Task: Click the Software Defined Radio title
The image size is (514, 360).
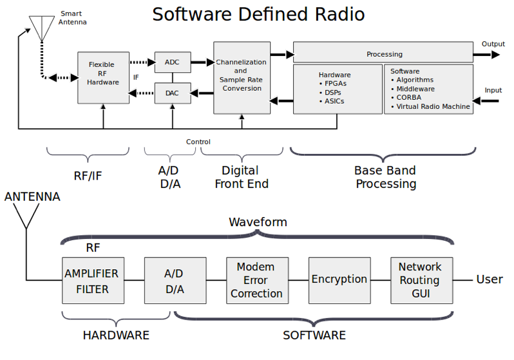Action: pyautogui.click(x=258, y=14)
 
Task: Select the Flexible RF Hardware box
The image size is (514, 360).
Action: pyautogui.click(x=102, y=78)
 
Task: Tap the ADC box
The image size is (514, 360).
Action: pyautogui.click(x=172, y=62)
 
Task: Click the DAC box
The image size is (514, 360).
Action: pyautogui.click(x=172, y=93)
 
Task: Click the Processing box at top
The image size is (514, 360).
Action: pyautogui.click(x=384, y=54)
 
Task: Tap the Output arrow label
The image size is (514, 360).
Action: pyautogui.click(x=493, y=44)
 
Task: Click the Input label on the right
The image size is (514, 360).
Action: pyautogui.click(x=493, y=91)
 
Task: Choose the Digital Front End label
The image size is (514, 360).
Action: pyautogui.click(x=240, y=177)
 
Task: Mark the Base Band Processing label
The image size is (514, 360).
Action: pyautogui.click(x=385, y=177)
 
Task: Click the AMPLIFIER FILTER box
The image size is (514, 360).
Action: pyautogui.click(x=91, y=281)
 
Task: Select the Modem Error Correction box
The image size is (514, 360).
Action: pyautogui.click(x=256, y=281)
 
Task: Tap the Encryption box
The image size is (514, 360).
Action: pyautogui.click(x=339, y=280)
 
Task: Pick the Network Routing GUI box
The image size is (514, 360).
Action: pyautogui.click(x=420, y=281)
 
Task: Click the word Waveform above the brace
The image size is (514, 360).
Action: pyautogui.click(x=258, y=222)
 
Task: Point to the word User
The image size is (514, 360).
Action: pyautogui.click(x=490, y=279)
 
